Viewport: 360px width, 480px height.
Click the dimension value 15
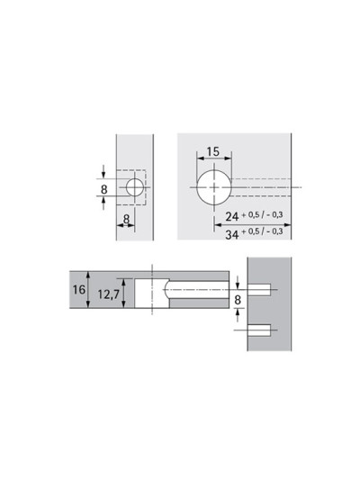click(213, 151)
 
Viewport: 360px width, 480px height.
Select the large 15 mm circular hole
click(214, 187)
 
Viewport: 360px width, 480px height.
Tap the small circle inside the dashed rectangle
click(135, 187)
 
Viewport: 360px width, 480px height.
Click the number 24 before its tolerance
click(232, 216)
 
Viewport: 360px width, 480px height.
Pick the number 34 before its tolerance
click(232, 235)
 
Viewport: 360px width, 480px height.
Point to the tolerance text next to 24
click(262, 215)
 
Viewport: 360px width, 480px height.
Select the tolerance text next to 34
click(262, 231)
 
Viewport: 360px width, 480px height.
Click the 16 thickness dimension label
click(78, 289)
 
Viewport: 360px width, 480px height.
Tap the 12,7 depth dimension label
click(108, 294)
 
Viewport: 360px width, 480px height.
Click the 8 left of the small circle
click(104, 189)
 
